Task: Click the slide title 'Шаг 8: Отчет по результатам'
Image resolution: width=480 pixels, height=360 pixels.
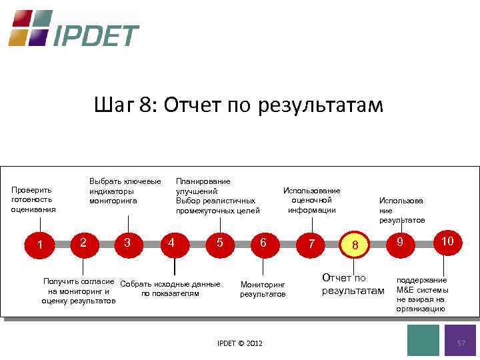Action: pyautogui.click(x=239, y=105)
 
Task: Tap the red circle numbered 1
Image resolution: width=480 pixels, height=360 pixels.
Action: pyautogui.click(x=41, y=245)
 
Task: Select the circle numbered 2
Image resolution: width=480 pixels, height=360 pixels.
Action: pyautogui.click(x=82, y=242)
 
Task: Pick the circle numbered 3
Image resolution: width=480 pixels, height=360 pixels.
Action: pyautogui.click(x=127, y=242)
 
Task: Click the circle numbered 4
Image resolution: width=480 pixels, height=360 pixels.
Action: pyautogui.click(x=172, y=242)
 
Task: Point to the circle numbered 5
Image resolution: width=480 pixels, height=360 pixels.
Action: pyautogui.click(x=219, y=243)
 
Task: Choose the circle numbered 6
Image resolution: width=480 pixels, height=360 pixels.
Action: pyautogui.click(x=263, y=243)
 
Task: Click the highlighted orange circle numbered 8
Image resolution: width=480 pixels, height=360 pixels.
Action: pyautogui.click(x=355, y=245)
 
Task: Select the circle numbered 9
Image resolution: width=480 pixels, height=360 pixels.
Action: pyautogui.click(x=400, y=242)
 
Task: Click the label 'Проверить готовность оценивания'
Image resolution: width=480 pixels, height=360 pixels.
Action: pyautogui.click(x=33, y=199)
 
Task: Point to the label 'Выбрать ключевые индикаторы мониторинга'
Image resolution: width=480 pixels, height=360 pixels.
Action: pyautogui.click(x=125, y=191)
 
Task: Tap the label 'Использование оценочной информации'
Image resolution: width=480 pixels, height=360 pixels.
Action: pyautogui.click(x=311, y=200)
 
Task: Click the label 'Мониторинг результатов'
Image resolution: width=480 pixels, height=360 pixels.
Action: pyautogui.click(x=263, y=289)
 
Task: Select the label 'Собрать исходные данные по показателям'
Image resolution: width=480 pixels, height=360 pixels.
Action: pyautogui.click(x=171, y=288)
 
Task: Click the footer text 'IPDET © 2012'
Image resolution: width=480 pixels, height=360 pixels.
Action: pyautogui.click(x=240, y=343)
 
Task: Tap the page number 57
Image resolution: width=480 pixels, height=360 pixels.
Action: pyautogui.click(x=460, y=342)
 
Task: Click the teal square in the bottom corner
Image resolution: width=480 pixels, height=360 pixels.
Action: pyautogui.click(x=423, y=340)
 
